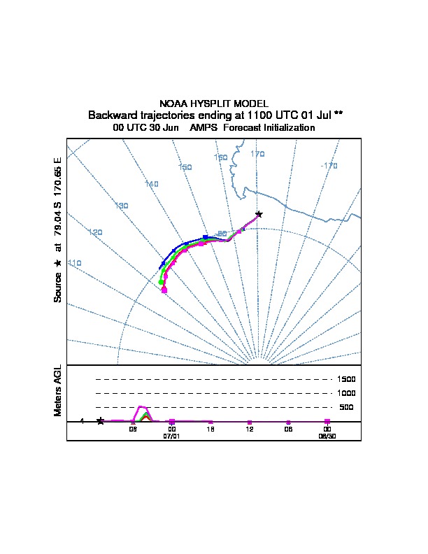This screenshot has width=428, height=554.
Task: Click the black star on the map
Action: [259, 214]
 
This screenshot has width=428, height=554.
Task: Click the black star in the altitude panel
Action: [101, 420]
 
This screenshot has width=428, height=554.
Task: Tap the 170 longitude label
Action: [257, 154]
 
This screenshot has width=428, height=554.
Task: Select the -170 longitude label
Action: [329, 166]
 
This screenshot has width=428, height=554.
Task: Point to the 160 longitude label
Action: [221, 158]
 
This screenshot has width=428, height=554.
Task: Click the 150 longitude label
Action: [185, 167]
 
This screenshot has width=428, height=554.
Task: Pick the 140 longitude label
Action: [152, 184]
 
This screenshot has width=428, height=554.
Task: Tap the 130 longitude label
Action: [122, 206]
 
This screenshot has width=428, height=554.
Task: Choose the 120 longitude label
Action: [95, 232]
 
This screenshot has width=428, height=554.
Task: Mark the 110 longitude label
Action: [74, 263]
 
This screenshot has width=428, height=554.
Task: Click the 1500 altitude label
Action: [345, 379]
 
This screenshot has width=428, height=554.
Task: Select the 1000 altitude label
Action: [345, 393]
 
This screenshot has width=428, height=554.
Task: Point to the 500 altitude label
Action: [346, 407]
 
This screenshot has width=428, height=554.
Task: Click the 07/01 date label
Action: [171, 436]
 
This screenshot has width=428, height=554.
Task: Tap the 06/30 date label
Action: [327, 436]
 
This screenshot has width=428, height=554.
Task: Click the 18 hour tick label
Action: [211, 429]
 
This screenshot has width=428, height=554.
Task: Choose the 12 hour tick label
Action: [250, 429]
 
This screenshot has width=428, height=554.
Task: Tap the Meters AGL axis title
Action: [58, 390]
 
